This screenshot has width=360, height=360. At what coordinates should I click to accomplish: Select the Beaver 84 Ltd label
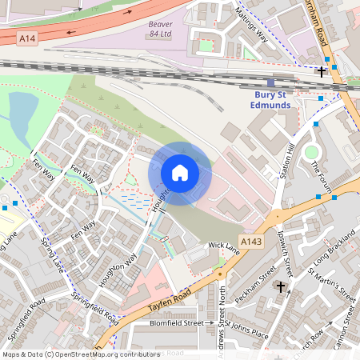click(160, 30)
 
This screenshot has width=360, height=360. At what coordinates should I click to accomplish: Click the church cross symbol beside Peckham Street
click(281, 286)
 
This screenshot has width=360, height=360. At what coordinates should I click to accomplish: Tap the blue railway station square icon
click(271, 82)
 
